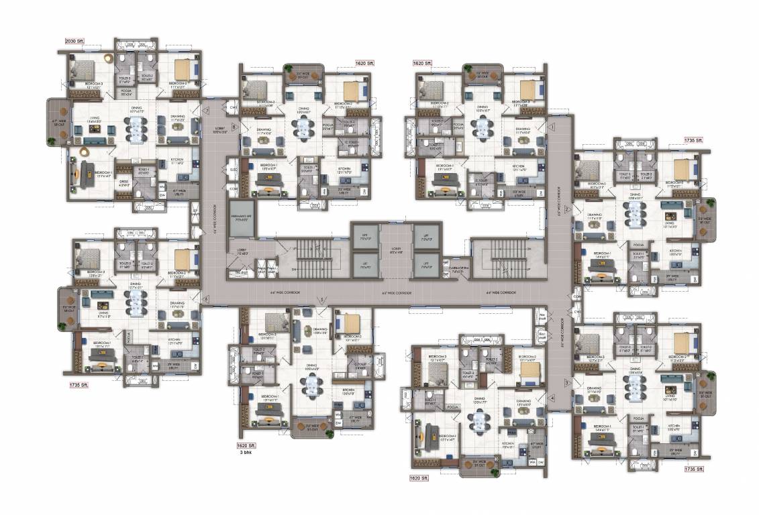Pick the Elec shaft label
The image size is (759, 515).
(x=542, y=336)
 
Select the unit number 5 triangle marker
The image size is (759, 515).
(x=323, y=299)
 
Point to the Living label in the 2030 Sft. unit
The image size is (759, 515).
(x=94, y=117)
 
